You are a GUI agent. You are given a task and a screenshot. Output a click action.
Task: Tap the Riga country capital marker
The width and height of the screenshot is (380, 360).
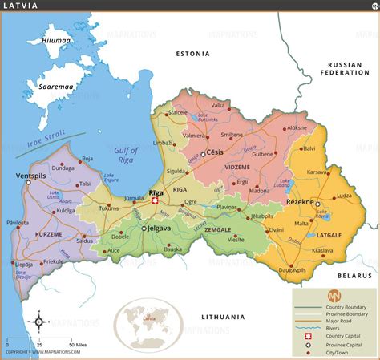click(155, 201)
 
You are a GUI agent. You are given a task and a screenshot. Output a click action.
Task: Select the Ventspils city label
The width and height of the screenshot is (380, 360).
click(31, 174)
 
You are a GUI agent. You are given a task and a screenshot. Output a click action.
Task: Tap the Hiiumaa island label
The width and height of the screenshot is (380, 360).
click(55, 40)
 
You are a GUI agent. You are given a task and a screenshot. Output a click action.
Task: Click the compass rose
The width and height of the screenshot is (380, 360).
click(37, 322)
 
